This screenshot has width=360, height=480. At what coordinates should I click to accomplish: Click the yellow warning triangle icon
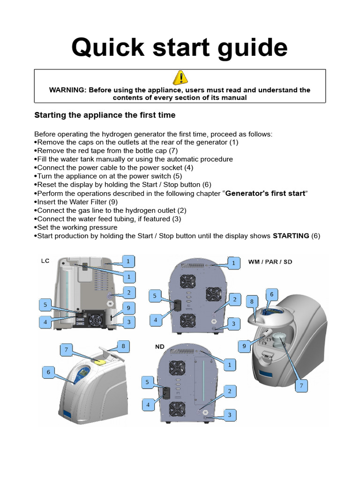[x=180, y=78]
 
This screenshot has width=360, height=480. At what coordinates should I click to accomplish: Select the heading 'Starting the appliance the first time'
[x=105, y=115]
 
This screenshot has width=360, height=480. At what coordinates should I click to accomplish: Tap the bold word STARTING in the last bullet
[x=291, y=236]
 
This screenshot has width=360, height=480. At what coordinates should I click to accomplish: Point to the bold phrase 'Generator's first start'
[x=265, y=194]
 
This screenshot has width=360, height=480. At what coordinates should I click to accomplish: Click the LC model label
[x=45, y=261]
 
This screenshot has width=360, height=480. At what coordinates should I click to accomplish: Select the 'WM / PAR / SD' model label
[x=270, y=262]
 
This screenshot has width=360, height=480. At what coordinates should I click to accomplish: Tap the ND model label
[x=160, y=347]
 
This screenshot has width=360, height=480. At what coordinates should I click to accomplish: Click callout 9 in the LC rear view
[x=128, y=307]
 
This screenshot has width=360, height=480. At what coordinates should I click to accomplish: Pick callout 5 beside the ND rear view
[x=148, y=382]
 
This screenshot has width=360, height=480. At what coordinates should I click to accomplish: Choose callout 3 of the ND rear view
[x=229, y=415]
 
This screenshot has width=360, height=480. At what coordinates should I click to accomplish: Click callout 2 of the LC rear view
[x=128, y=292]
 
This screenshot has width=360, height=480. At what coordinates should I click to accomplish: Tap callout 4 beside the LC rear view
[x=45, y=322]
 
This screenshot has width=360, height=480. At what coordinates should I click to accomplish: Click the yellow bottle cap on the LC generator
[x=99, y=360]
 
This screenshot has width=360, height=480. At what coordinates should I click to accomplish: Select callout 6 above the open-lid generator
[x=271, y=294]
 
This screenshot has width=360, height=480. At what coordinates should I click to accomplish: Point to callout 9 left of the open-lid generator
[x=244, y=346]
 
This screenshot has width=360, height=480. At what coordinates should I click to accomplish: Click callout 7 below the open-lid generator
[x=301, y=385]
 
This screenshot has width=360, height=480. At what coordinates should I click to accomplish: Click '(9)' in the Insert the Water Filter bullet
[x=112, y=202]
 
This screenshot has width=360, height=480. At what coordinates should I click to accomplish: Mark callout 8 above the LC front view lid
[x=123, y=346]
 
